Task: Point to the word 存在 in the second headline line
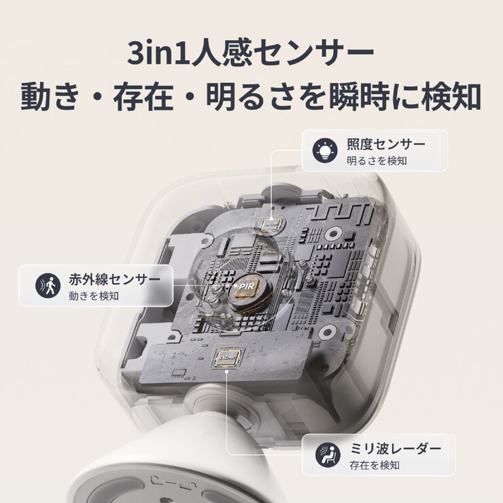tap(152, 97)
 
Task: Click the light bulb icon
tap(325, 150)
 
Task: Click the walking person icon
tap(48, 285)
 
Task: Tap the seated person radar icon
tap(326, 454)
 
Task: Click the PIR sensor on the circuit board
tap(245, 288)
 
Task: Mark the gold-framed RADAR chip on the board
tap(225, 358)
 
